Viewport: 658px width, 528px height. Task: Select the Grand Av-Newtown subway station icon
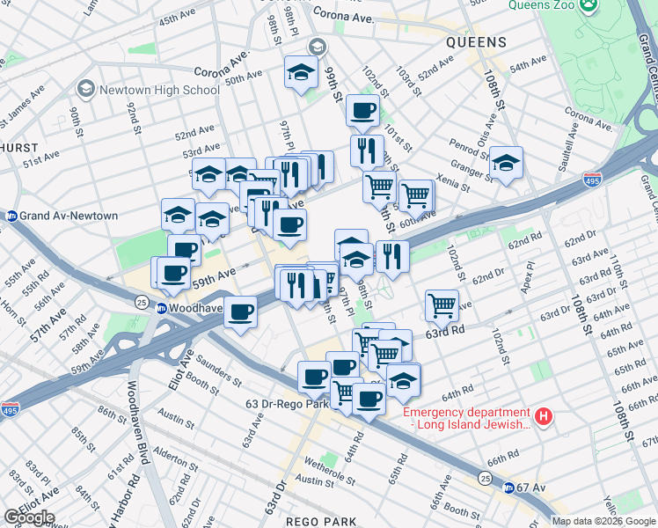coord(12,216)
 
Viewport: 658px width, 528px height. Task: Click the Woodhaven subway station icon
coord(163,307)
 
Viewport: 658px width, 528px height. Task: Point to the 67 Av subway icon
coord(508,487)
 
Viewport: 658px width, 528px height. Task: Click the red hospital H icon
coord(545,414)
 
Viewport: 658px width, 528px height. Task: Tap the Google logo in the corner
coord(29,517)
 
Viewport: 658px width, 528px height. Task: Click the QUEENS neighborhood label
coord(476,42)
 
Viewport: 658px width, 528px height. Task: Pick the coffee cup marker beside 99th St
coord(362,111)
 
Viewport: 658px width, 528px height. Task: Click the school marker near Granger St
coord(506,163)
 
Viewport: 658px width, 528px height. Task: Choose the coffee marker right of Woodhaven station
coord(240,311)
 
